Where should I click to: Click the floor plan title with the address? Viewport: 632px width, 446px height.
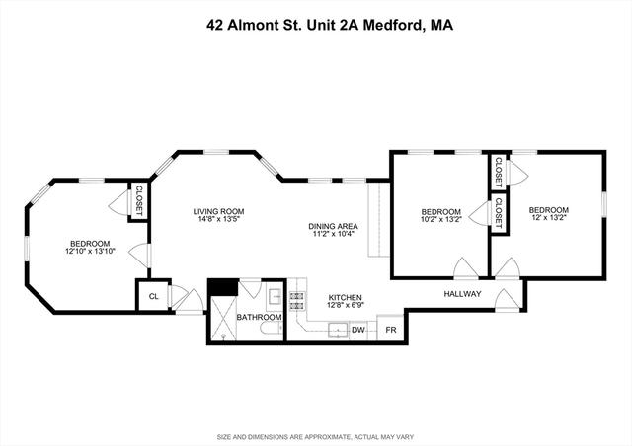click(330, 25)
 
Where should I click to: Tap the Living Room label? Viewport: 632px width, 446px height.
click(218, 211)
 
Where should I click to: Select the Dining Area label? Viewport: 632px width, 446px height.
click(333, 226)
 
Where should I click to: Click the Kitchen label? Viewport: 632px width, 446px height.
click(345, 297)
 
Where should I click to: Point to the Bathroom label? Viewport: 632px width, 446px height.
click(259, 317)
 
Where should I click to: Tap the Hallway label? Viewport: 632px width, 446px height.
click(462, 294)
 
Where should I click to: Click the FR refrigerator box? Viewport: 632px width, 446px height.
click(390, 328)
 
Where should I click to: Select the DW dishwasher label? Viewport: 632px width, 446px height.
click(357, 330)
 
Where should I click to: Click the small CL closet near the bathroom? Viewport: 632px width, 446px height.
click(153, 296)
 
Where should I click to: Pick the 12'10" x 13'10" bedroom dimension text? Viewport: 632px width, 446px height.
click(90, 251)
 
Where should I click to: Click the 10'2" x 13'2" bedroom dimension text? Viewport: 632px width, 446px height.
click(441, 219)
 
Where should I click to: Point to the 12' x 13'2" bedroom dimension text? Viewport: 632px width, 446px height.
click(549, 217)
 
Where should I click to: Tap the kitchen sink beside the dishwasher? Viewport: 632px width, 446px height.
click(338, 331)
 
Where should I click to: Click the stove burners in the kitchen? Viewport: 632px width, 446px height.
click(297, 301)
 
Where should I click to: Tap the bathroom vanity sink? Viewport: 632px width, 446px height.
click(276, 297)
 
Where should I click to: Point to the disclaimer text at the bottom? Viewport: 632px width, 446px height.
click(316, 437)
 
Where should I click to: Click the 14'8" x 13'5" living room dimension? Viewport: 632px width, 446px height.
click(218, 219)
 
